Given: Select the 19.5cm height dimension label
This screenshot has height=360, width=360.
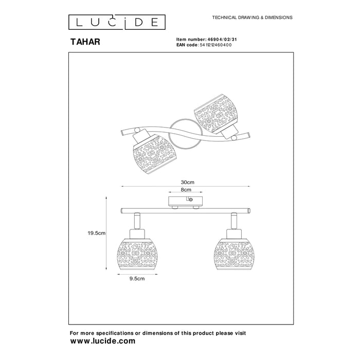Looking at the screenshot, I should coord(96,232).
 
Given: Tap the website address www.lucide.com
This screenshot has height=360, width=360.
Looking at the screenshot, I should coord(102,340).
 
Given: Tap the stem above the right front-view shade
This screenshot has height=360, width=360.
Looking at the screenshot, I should coord(232,221).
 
